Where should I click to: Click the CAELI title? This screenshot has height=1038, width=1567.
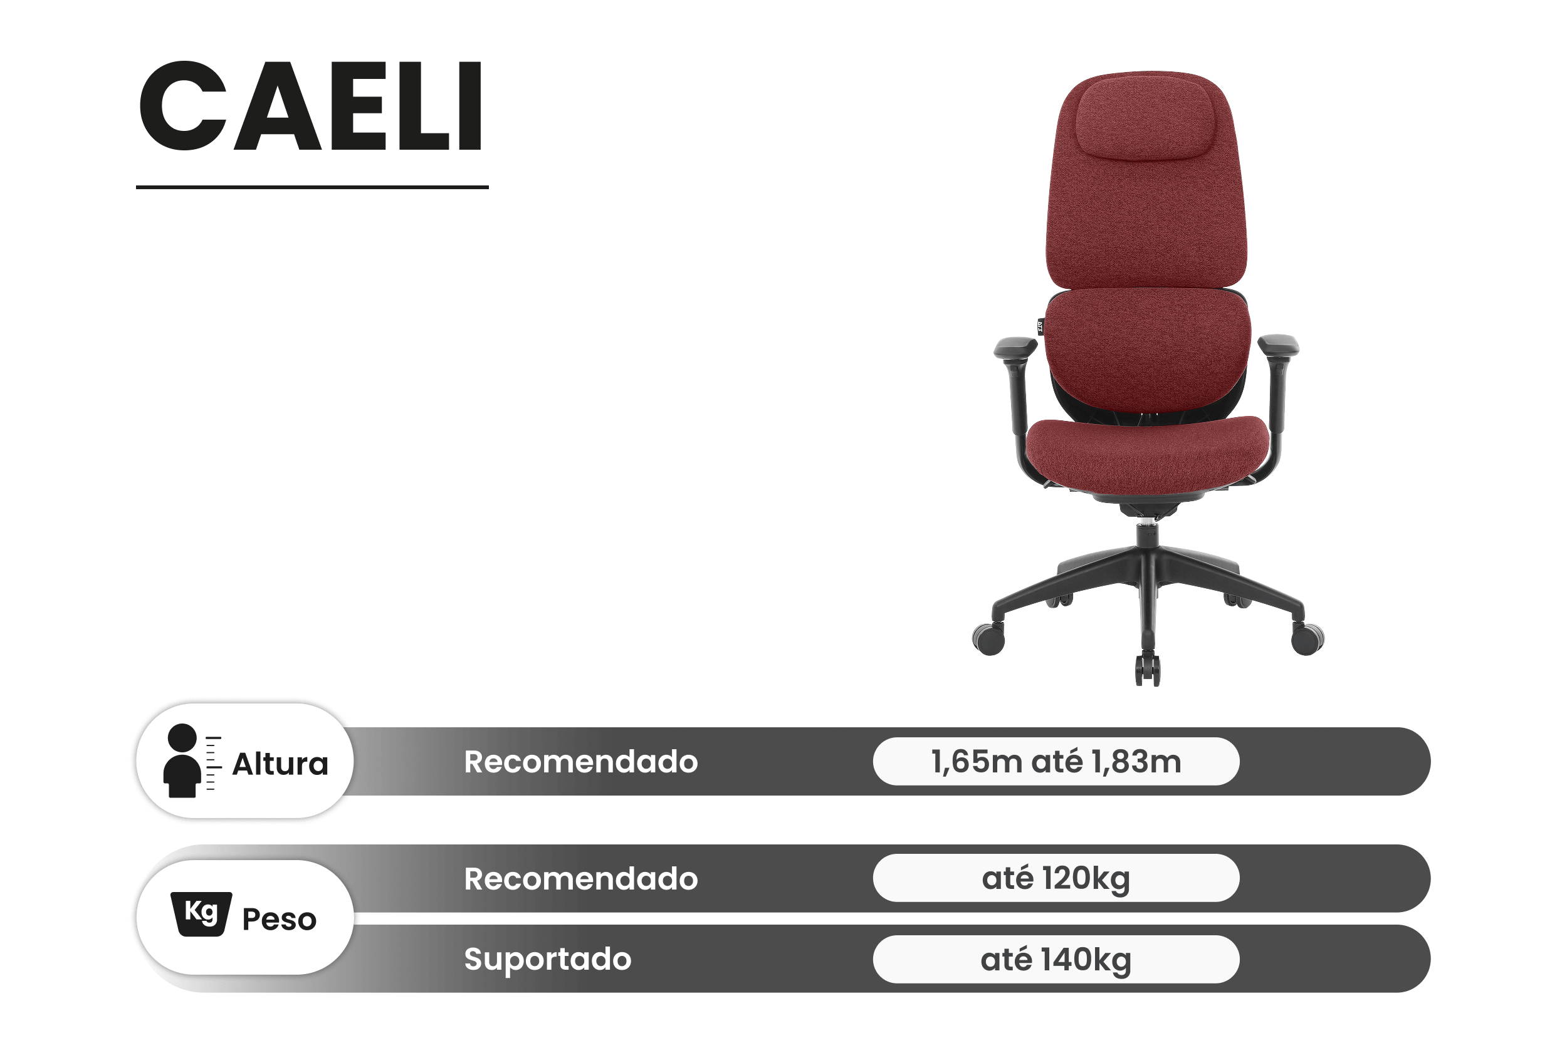click(311, 106)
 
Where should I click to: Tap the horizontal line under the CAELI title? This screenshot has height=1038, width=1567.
click(312, 187)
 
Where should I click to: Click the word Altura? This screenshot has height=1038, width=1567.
click(280, 764)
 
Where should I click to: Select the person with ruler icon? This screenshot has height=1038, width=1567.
click(191, 760)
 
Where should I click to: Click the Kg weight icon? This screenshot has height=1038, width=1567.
click(201, 914)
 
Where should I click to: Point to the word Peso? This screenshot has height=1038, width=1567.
click(280, 920)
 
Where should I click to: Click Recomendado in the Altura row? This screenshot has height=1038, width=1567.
click(581, 761)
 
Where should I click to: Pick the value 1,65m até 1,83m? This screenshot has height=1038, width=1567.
click(1056, 761)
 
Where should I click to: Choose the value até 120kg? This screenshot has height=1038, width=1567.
click(1056, 878)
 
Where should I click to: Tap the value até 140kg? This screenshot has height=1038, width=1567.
click(1056, 959)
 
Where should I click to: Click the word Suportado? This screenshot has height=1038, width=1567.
click(548, 959)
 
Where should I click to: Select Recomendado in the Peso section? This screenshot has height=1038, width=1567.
click(581, 878)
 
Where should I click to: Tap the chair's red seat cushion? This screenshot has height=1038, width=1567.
click(1148, 454)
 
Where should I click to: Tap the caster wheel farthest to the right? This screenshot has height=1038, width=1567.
click(1308, 638)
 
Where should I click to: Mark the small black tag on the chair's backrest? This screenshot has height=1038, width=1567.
click(1040, 326)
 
